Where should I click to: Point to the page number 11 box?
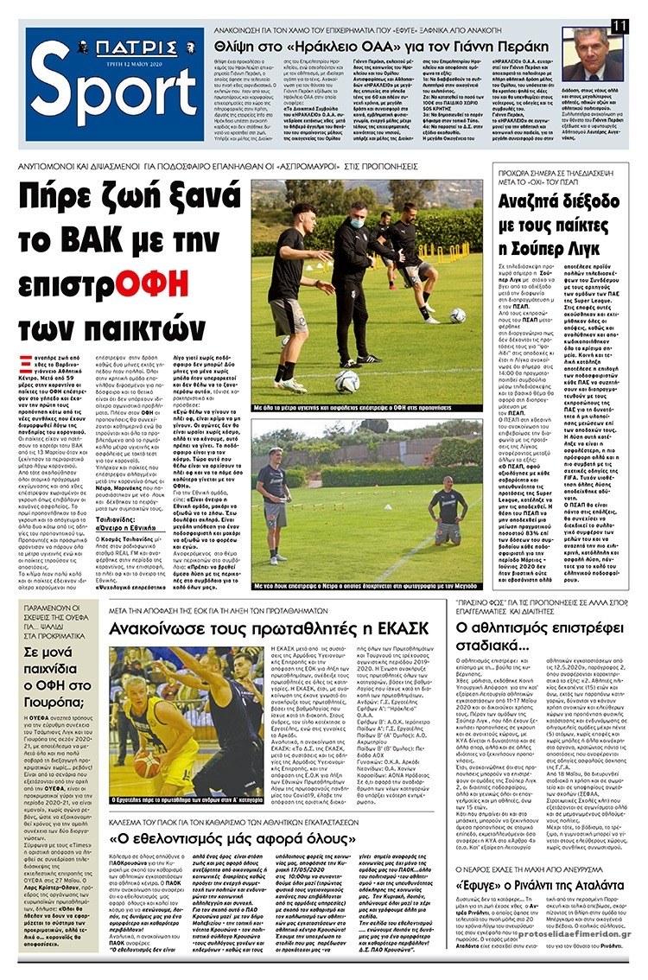(x=619, y=26)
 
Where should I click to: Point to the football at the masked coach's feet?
(x=347, y=381)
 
